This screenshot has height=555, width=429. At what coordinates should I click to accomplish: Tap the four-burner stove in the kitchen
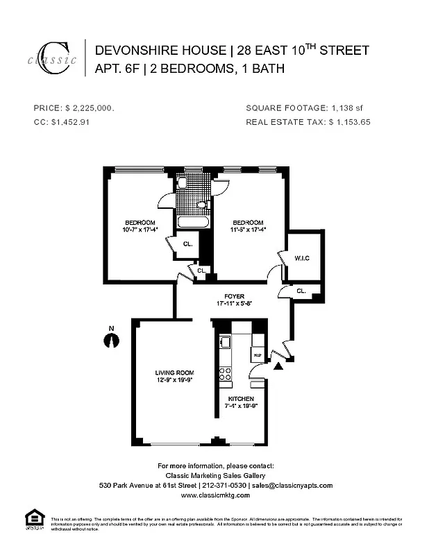tap(225, 375)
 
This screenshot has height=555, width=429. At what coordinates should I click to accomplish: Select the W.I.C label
tap(303, 259)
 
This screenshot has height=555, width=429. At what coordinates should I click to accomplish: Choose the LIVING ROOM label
tap(174, 373)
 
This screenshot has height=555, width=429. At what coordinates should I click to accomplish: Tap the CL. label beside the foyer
tap(301, 291)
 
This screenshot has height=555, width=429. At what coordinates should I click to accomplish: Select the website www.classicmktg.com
tap(215, 496)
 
